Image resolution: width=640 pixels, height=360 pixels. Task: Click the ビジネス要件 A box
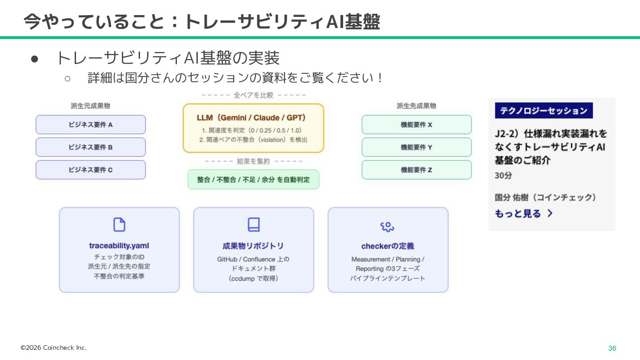click(91, 125)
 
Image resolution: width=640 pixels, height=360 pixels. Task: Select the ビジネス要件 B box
click(91, 147)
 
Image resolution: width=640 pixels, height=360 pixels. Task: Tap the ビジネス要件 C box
click(91, 170)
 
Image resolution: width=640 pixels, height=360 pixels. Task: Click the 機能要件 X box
click(416, 125)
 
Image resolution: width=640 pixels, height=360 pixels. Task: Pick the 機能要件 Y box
click(416, 147)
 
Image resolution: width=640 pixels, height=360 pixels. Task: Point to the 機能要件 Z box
click(416, 170)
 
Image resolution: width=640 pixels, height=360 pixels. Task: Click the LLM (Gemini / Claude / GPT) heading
click(252, 118)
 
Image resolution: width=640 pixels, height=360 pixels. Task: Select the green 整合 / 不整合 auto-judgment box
click(253, 180)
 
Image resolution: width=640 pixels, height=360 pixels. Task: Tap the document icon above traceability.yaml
click(119, 225)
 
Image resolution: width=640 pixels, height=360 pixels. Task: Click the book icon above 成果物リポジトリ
click(254, 225)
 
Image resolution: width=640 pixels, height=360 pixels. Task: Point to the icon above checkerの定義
click(388, 227)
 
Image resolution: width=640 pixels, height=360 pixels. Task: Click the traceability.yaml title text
click(119, 246)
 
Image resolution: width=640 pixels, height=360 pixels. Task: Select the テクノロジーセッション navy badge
click(544, 111)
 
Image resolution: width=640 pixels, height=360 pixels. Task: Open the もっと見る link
click(524, 214)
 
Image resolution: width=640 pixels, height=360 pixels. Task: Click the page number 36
click(612, 348)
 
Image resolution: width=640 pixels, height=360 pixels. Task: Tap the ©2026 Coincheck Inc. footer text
click(54, 348)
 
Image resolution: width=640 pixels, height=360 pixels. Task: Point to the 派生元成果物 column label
click(90, 106)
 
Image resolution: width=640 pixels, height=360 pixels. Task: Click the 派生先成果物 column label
click(416, 106)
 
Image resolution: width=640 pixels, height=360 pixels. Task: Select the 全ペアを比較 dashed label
click(253, 95)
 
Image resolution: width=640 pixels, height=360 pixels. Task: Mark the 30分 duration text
click(504, 176)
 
